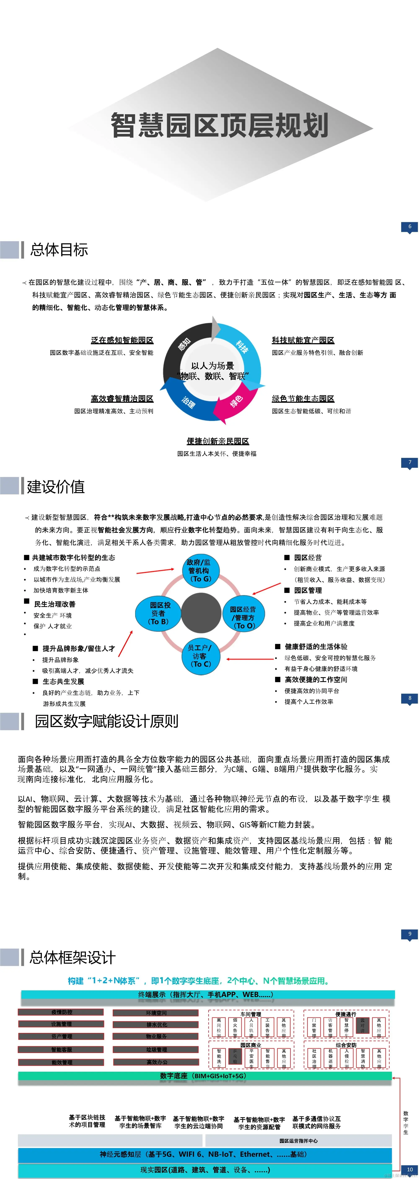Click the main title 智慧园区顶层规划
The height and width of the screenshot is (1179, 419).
[x=220, y=125]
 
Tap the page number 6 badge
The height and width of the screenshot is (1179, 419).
[x=409, y=227]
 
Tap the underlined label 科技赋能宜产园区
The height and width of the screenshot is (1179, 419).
[x=303, y=340]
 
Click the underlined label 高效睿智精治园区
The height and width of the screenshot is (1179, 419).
[x=122, y=399]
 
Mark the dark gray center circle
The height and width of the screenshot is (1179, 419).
[x=201, y=613]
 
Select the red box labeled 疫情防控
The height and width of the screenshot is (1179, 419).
[x=61, y=1012]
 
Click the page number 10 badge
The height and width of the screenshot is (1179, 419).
[x=409, y=1169]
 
